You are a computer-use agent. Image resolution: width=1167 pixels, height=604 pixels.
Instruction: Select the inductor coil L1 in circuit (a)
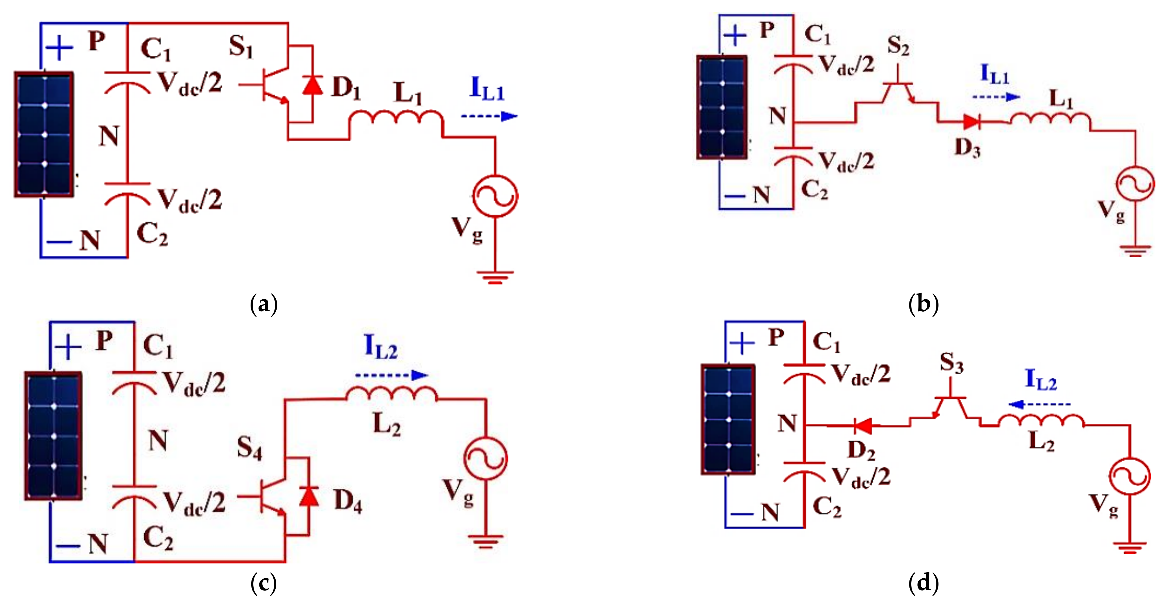point(396,117)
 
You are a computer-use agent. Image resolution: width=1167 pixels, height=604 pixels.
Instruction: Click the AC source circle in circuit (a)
point(495,196)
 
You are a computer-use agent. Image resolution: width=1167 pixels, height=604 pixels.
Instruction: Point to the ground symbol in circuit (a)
point(495,276)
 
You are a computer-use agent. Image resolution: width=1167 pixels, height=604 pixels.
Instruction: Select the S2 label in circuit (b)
point(898,45)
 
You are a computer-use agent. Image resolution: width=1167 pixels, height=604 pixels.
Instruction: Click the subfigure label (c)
point(263,583)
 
